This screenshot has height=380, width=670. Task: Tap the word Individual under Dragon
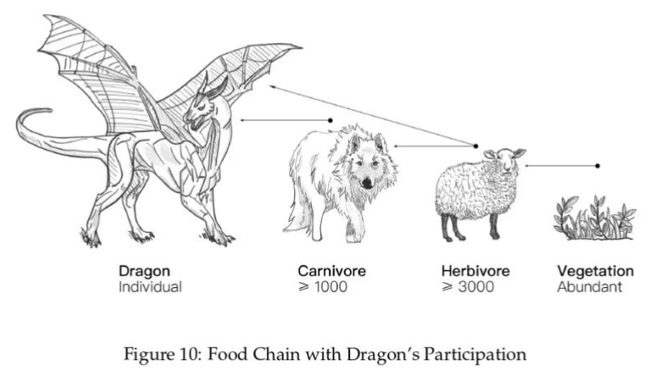[149, 287]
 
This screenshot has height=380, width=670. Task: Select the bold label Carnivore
[332, 271]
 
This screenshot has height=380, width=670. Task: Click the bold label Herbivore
[476, 271]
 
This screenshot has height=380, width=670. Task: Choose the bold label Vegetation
[595, 271]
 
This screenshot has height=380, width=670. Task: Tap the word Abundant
[589, 287]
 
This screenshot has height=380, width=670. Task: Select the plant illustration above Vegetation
[594, 219]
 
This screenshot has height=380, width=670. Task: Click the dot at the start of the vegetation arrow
[597, 166]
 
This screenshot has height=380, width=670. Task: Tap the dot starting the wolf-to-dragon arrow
[330, 121]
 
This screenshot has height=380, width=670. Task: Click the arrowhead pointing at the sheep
[527, 166]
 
